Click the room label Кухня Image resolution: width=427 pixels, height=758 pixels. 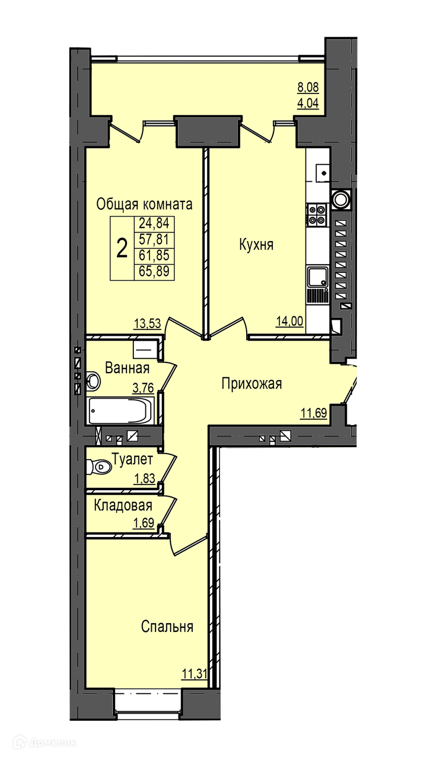pyautogui.click(x=256, y=245)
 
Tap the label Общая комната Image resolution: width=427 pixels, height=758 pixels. pyautogui.click(x=144, y=204)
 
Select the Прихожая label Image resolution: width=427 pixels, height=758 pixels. pyautogui.click(x=252, y=384)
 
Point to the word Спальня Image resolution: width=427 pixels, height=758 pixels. pyautogui.click(x=167, y=627)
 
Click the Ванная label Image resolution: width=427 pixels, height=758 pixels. pyautogui.click(x=127, y=368)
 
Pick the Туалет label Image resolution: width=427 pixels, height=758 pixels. pyautogui.click(x=132, y=459)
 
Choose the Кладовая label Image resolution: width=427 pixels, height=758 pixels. pyautogui.click(x=123, y=506)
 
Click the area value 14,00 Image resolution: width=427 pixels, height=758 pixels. pyautogui.click(x=290, y=321)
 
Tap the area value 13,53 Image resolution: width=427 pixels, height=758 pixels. pyautogui.click(x=147, y=323)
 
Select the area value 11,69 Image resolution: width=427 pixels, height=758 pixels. pyautogui.click(x=314, y=413)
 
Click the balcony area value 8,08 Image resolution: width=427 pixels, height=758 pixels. pyautogui.click(x=308, y=87)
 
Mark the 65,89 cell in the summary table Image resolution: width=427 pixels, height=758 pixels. pyautogui.click(x=154, y=271)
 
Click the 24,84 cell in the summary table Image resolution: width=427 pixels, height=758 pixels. pyautogui.click(x=154, y=223)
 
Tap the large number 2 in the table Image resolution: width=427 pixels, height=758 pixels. pyautogui.click(x=122, y=248)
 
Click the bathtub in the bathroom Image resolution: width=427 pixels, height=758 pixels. pyautogui.click(x=121, y=410)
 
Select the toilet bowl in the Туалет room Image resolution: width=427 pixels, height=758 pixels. pyautogui.click(x=99, y=467)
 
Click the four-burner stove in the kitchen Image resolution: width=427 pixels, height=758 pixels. pyautogui.click(x=317, y=215)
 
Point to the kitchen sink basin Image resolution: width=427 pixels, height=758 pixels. pyautogui.click(x=318, y=277)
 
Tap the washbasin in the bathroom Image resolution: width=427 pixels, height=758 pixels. pyautogui.click(x=93, y=381)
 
